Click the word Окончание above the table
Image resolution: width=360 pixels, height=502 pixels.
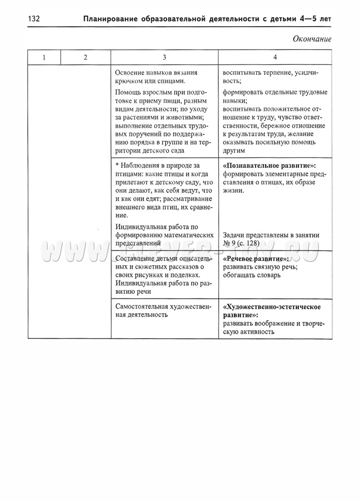[x=312, y=39]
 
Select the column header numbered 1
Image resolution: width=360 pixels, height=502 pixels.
[x=44, y=57]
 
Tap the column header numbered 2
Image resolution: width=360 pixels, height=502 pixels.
[x=85, y=57]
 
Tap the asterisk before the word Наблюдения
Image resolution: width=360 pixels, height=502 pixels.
[x=117, y=165]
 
